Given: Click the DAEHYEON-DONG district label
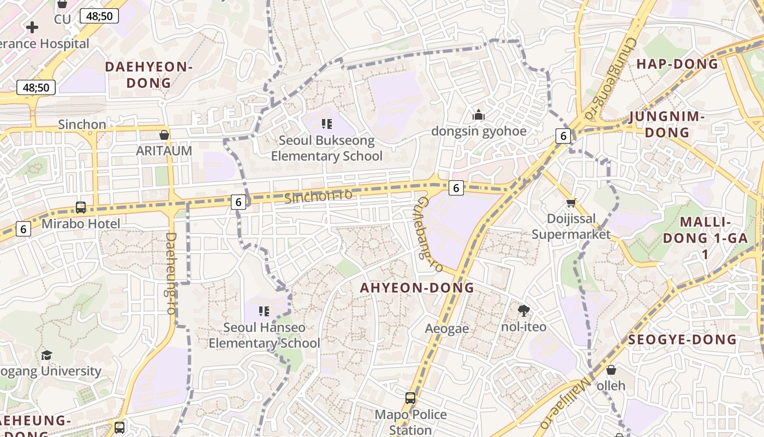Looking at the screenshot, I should point(148,75).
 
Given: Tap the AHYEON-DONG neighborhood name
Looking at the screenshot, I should point(417,288).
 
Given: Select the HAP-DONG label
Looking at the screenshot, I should point(677,64).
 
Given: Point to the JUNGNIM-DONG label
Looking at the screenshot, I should point(666,125).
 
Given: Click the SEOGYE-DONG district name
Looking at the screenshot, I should point(682,339).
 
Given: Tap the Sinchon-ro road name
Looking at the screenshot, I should point(318,196).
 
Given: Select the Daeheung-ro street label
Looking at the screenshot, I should point(170,273).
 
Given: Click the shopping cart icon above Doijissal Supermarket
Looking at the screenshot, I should point(571,203).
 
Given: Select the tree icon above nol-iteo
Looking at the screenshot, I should point(524,311).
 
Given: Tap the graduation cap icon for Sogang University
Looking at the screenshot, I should point(46,355).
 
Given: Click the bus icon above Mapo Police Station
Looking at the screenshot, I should point(410,398).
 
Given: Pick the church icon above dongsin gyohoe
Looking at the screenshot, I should point(479,115).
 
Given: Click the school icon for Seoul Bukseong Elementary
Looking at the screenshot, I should point(326,124).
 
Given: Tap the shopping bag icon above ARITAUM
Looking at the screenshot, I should point(164,135).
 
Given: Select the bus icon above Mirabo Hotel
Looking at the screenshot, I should point(81,208).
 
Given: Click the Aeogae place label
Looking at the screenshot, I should point(447,328).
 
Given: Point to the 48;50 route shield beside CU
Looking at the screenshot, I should point(99,16).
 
